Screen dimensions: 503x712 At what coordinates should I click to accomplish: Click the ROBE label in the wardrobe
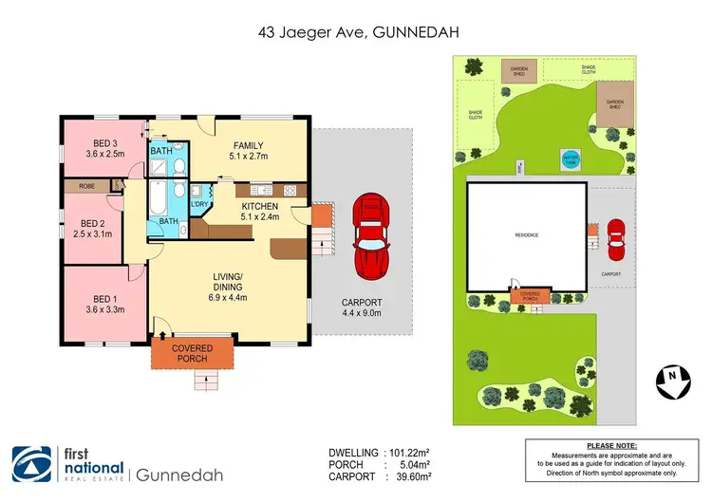[86, 187]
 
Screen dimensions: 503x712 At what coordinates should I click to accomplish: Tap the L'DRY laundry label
[199, 204]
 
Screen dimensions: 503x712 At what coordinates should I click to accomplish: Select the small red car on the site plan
[616, 240]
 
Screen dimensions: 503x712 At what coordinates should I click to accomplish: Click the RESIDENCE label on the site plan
[527, 233]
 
